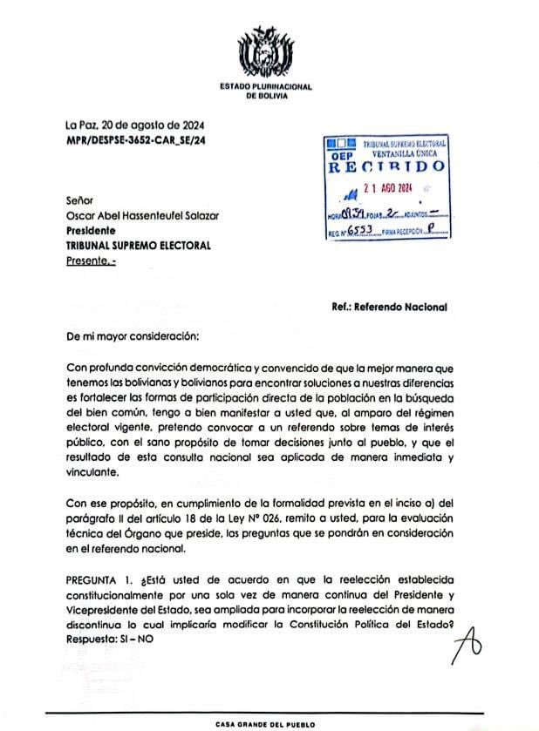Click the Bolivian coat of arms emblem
pos(265,51)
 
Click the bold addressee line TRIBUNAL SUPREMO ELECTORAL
pos(138,246)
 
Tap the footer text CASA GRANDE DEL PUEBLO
pos(266,724)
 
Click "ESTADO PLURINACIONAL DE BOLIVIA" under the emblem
pos(266,91)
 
